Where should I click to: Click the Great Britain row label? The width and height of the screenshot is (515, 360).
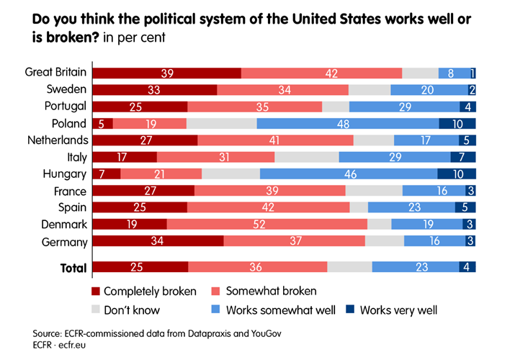55,72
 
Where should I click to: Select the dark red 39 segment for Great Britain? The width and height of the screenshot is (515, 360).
167,73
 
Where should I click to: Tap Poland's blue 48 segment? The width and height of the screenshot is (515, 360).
347,123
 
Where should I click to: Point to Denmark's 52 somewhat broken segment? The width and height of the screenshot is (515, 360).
267,225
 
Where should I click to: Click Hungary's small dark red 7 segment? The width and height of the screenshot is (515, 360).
107,174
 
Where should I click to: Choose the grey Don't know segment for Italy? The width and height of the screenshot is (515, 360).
306,157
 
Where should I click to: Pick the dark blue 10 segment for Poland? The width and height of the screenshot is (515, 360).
457,123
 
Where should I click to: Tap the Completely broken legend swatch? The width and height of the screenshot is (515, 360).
97,292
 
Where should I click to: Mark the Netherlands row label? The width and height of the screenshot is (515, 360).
57,140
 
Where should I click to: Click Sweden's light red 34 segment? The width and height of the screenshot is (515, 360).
282,89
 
